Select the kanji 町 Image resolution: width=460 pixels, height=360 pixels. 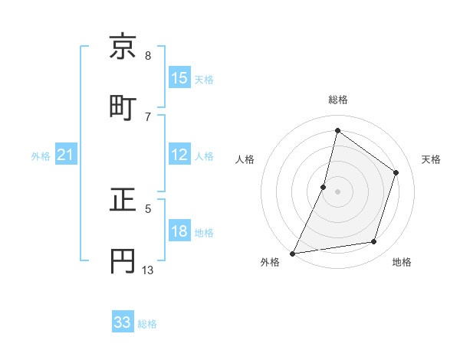click(124, 106)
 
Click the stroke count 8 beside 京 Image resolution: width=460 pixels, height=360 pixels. click(148, 56)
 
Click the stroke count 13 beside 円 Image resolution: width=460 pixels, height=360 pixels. click(148, 270)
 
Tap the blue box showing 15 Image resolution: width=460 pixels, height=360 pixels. click(179, 78)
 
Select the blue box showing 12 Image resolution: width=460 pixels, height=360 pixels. click(179, 155)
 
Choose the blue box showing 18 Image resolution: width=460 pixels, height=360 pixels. click(179, 231)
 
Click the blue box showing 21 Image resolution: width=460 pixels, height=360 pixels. click(66, 155)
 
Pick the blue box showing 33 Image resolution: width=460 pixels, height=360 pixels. click(123, 322)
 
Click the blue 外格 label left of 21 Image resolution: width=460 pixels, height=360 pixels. click(41, 156)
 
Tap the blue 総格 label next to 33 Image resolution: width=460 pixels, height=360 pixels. click(147, 324)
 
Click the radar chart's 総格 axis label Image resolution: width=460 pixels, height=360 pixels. click(338, 100)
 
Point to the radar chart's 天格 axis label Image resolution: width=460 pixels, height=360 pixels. click(431, 159)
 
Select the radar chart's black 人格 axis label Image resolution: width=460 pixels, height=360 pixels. click(245, 159)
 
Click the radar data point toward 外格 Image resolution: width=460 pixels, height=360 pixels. click(292, 254)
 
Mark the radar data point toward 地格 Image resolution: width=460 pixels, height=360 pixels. click(374, 242)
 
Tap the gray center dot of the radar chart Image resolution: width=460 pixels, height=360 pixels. click(338, 191)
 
